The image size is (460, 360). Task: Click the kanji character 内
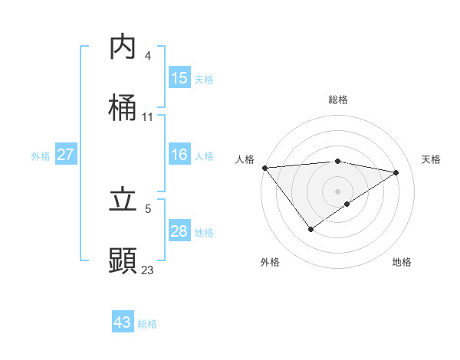coord(123,47)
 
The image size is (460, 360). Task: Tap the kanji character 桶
coord(123,109)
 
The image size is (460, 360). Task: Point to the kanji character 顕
coord(123,260)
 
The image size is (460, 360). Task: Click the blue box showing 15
coord(179,77)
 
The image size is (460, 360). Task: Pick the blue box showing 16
coord(179,155)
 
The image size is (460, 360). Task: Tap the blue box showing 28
coord(179,231)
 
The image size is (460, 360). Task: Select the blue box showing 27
coord(65,155)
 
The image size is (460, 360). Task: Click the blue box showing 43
coord(123,322)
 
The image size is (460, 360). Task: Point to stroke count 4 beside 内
coord(148,56)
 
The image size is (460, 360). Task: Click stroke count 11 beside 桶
coord(148,117)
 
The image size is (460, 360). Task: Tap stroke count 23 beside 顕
coord(147,270)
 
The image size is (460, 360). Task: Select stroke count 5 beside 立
coord(148,208)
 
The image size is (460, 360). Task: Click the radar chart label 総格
coord(338,100)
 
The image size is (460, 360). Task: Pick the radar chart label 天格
coord(431,159)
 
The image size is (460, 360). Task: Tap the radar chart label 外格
coord(270,263)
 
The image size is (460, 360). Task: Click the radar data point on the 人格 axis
coord(264,167)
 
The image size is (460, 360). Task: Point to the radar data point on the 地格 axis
coord(347,204)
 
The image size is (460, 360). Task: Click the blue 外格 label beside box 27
coord(40,155)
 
